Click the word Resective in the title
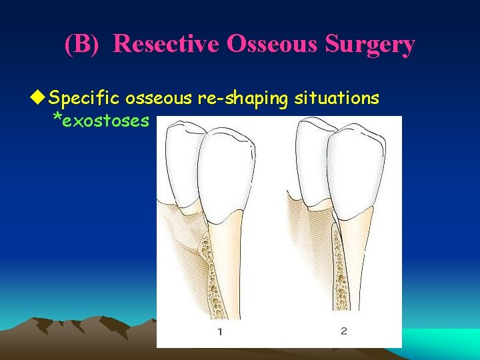[x=167, y=44]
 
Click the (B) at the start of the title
[x=86, y=44]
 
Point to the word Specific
[x=85, y=99]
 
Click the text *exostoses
[x=100, y=120]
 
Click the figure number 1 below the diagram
[x=219, y=331]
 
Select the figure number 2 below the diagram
[x=343, y=331]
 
